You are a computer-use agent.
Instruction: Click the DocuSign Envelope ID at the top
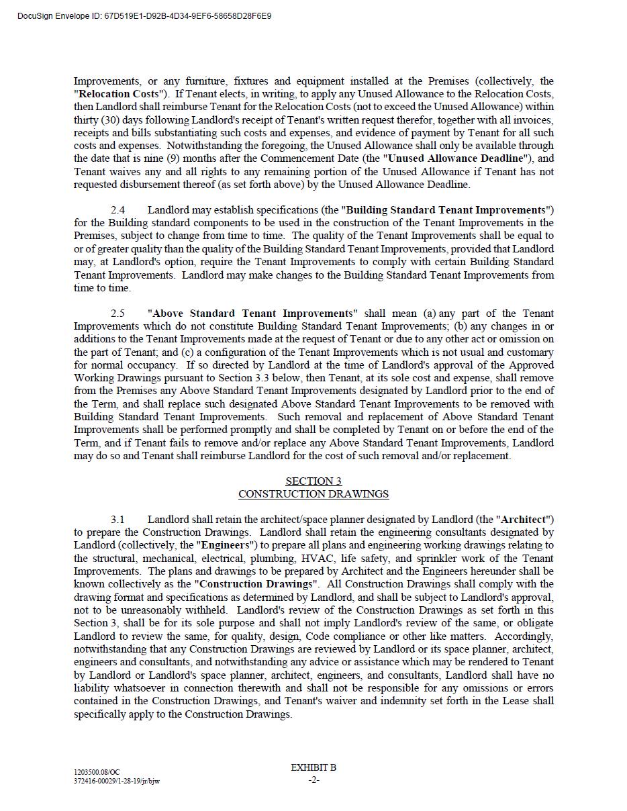pos(144,15)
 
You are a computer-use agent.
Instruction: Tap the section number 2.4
pos(117,210)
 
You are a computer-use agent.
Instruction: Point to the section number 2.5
pos(117,314)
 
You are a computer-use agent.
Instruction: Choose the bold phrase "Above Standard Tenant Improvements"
pos(252,314)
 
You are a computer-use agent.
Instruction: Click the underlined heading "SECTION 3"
pos(313,481)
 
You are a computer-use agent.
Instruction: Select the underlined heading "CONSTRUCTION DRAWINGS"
pos(313,494)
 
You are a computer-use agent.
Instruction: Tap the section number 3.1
pos(117,520)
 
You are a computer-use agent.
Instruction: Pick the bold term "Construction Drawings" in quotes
pos(256,584)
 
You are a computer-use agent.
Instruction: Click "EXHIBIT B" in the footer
pos(313,767)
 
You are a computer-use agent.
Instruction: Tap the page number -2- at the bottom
pos(313,779)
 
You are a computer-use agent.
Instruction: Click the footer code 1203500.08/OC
pos(97,773)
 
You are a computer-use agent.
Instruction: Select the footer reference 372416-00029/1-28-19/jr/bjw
pos(117,781)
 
